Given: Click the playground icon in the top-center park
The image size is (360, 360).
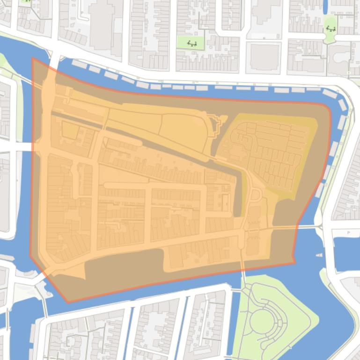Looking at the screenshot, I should (x=192, y=43).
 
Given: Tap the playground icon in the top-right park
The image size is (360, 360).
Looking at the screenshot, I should (x=331, y=29).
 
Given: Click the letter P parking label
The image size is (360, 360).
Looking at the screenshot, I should (x=348, y=232).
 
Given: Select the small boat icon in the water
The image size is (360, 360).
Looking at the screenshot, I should (x=319, y=255).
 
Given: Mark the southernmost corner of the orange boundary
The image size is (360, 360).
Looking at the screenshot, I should (x=68, y=302).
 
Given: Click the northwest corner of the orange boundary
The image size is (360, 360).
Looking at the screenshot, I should (x=32, y=58).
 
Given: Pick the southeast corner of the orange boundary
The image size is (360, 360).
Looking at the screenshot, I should (x=294, y=262).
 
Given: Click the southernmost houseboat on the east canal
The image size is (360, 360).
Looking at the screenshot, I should (x=320, y=190).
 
